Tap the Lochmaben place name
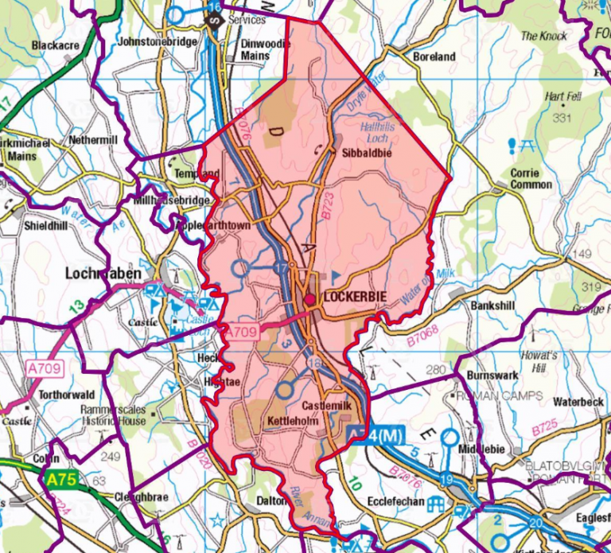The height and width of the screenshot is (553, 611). click(103, 274)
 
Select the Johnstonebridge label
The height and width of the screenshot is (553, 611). click(156, 41)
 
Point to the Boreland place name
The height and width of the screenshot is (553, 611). click(434, 56)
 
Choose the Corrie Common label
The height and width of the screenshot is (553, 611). click(531, 179)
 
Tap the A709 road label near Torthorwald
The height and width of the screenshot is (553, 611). click(44, 369)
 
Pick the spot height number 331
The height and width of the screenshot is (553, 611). click(562, 118)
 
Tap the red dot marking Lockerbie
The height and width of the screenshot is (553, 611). click(309, 299)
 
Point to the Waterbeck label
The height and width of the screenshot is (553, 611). click(578, 401)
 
